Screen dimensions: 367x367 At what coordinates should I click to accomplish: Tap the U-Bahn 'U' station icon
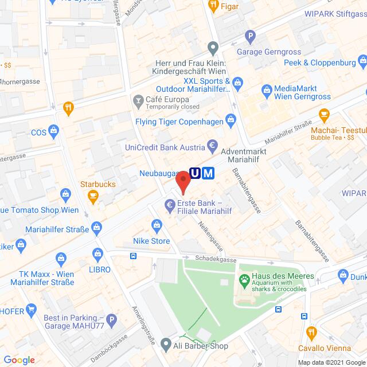click(196, 172)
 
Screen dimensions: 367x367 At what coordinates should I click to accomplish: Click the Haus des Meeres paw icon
click(244, 281)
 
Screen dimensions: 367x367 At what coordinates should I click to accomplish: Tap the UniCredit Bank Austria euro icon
click(212, 146)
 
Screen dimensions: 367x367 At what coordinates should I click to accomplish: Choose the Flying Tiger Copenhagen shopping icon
click(231, 120)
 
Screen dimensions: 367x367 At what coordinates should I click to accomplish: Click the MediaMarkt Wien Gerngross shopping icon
click(266, 89)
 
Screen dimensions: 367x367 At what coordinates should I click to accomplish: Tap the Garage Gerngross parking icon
click(249, 37)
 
